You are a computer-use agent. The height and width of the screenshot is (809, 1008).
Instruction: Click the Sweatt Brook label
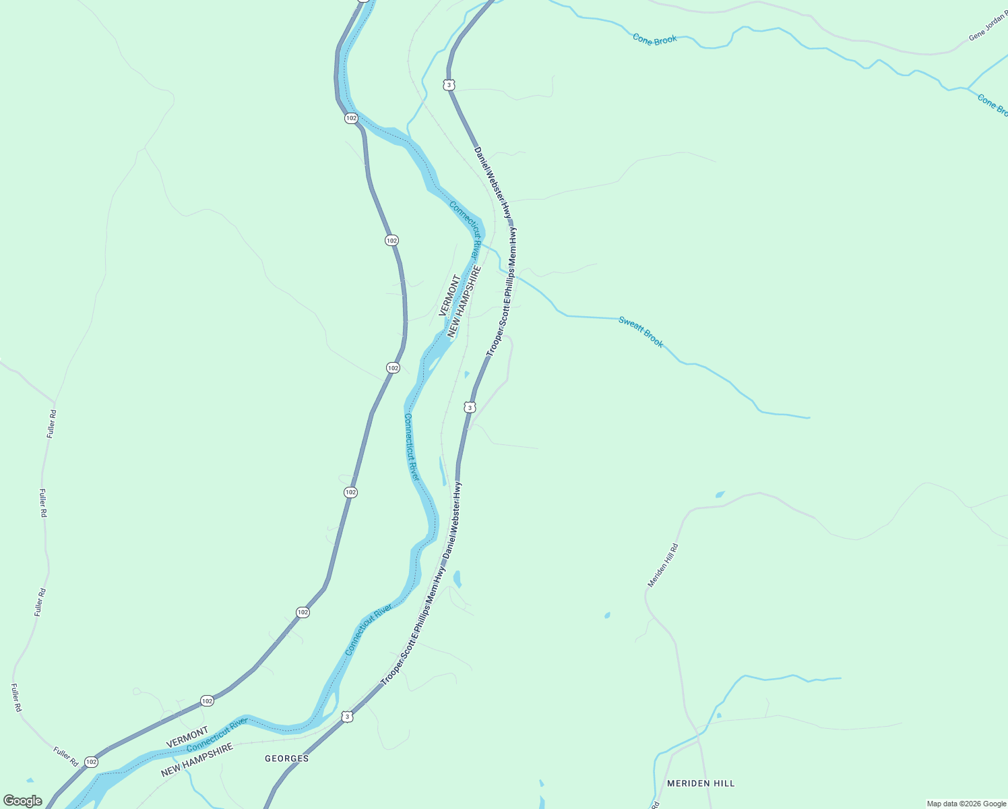pyautogui.click(x=641, y=332)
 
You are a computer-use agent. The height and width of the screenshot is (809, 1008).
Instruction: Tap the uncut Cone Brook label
pyautogui.click(x=655, y=40)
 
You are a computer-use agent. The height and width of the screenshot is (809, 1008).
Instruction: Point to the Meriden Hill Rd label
pyautogui.click(x=662, y=565)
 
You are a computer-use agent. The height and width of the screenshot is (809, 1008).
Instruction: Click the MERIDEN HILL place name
pyautogui.click(x=701, y=783)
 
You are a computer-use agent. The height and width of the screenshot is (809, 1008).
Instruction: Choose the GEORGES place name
pyautogui.click(x=286, y=758)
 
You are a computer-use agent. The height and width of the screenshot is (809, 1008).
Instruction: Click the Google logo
pyautogui.click(x=22, y=801)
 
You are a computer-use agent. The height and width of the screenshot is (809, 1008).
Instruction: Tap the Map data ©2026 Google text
pyautogui.click(x=966, y=804)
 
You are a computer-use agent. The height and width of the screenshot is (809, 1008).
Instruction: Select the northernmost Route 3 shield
pyautogui.click(x=449, y=84)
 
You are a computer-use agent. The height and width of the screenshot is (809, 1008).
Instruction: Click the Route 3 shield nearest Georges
pyautogui.click(x=347, y=717)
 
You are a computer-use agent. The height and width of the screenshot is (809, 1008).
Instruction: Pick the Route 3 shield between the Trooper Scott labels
pyautogui.click(x=470, y=407)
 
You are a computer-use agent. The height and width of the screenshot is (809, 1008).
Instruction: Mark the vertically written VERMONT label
pyautogui.click(x=449, y=295)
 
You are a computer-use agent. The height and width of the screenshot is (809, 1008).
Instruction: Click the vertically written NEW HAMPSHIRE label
pyautogui.click(x=464, y=301)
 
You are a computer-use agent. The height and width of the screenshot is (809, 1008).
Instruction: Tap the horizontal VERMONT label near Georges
pyautogui.click(x=187, y=738)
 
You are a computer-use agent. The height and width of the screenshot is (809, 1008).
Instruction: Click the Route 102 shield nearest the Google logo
pyautogui.click(x=92, y=762)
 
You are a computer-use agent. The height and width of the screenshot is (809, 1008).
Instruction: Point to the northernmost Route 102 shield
pyautogui.click(x=351, y=118)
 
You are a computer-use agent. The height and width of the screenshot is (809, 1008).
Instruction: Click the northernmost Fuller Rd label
pyautogui.click(x=52, y=423)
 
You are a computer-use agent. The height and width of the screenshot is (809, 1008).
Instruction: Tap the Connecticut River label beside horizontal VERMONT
pyautogui.click(x=217, y=735)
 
